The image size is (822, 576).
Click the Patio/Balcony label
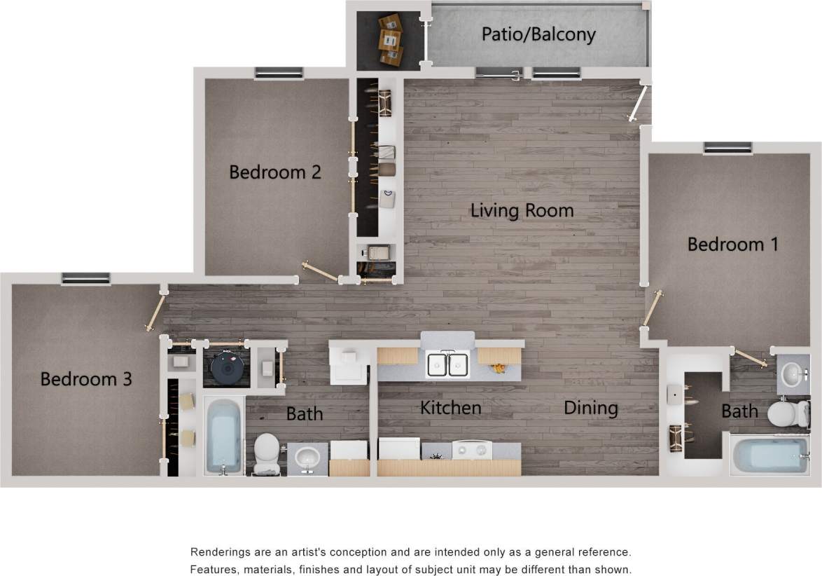click(x=538, y=34)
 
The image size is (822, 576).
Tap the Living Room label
click(x=522, y=210)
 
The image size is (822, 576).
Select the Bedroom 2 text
click(x=275, y=172)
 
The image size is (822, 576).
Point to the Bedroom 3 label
click(x=85, y=379)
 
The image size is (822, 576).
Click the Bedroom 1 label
click(x=733, y=245)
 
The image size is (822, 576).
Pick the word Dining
click(x=591, y=408)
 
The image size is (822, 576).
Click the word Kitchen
click(x=450, y=407)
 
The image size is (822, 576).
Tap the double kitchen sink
click(x=448, y=364)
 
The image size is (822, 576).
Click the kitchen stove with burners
click(x=471, y=449)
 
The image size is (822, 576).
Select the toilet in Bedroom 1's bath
click(x=787, y=413)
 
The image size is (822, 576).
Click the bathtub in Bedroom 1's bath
click(x=769, y=455)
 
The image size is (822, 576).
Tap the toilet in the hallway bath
click(x=266, y=452)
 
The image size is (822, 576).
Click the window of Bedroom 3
click(x=85, y=278)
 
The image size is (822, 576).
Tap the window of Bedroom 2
click(x=279, y=73)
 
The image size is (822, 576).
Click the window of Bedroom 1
click(x=728, y=148)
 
